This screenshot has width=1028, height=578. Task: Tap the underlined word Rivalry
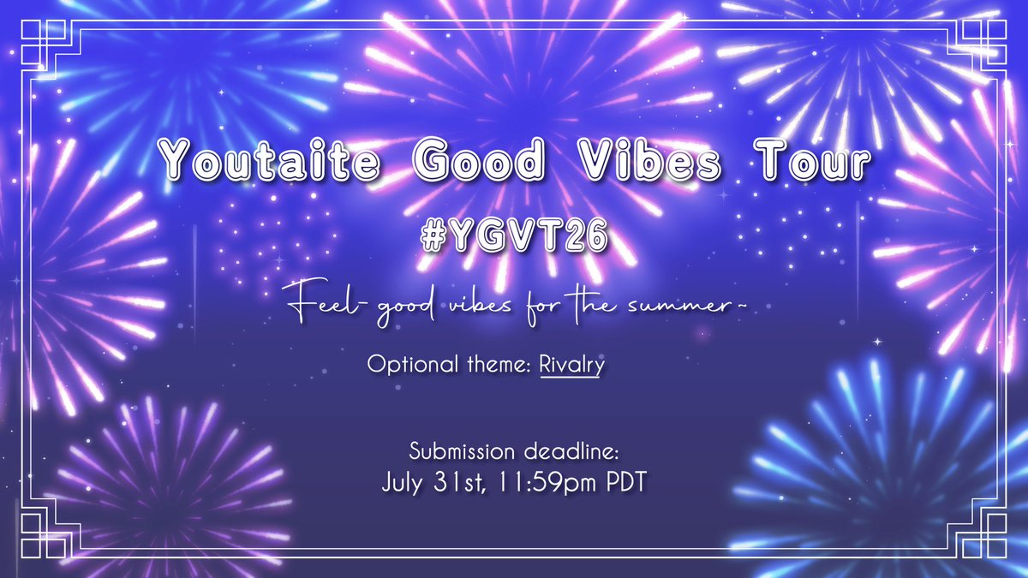pos(572,364)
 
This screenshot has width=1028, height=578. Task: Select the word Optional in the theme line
pos(407,364)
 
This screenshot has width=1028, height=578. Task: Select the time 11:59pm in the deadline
pos(542,481)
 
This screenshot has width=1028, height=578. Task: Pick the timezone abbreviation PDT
pos(620,481)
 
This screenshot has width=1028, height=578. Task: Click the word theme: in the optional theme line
pos(504,364)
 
